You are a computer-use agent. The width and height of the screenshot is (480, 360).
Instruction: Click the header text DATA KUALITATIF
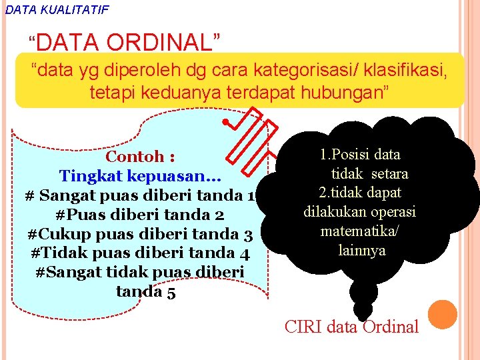coord(56,9)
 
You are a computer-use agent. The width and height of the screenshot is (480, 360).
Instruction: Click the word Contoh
coord(135,157)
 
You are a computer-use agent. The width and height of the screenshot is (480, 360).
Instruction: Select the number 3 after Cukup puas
coord(248,235)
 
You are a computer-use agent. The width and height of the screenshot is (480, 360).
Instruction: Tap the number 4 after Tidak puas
coord(245,254)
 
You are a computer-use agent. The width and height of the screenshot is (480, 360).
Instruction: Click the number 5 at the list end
coord(171,292)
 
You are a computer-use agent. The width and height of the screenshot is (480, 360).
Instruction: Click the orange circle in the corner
coord(443,315)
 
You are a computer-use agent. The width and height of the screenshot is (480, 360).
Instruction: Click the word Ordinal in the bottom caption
coord(391,327)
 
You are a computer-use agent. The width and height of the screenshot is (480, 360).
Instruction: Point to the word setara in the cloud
coord(389,174)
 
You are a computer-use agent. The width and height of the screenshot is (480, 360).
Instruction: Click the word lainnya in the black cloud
coord(362,251)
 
